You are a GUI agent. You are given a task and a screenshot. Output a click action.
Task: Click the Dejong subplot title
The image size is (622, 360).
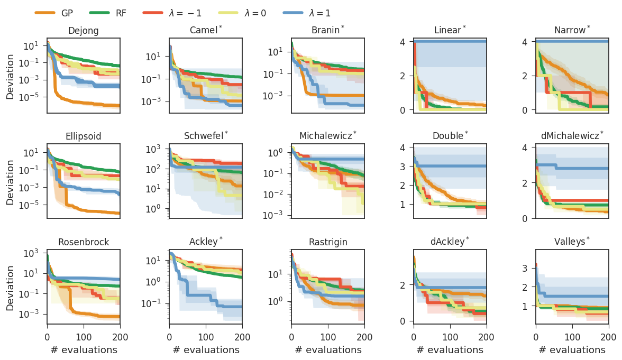pos(84,31)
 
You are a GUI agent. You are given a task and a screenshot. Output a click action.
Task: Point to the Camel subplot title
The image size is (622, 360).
pos(206,31)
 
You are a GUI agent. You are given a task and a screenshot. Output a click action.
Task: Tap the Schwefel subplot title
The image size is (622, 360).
pos(205,136)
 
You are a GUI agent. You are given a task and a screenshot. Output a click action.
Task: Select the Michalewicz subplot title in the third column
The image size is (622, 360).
pos(327,136)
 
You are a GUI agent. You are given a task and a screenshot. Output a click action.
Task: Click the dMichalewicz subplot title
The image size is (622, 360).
pos(572,136)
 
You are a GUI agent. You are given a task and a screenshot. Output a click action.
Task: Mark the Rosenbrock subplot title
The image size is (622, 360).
pos(84,243)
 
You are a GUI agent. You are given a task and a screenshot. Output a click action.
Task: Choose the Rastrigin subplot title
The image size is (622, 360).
pos(328,243)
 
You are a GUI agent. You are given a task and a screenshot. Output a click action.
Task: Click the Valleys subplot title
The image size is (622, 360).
pos(572,243)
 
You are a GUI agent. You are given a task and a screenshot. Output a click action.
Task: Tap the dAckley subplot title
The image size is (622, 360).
pos(450,243)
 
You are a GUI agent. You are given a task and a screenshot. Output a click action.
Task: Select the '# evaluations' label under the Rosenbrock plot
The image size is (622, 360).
pos(84,350)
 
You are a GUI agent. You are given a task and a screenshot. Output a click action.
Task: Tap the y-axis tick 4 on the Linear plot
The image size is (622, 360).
pos(405,41)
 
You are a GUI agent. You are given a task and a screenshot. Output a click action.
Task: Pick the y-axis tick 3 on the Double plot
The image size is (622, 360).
pos(405,166)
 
